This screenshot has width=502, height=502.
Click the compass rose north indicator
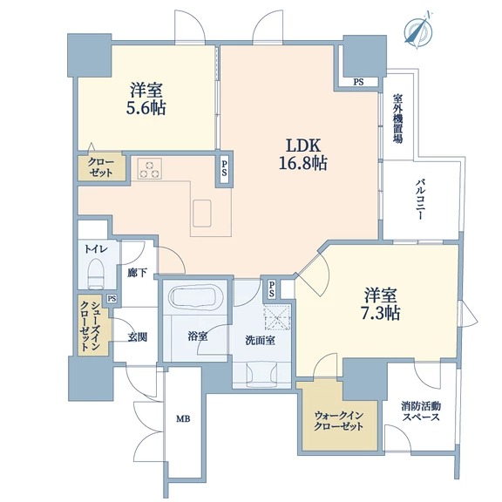pos(418,31)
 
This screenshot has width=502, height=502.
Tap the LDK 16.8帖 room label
pos(303,155)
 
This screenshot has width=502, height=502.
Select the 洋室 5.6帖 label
pos(146,99)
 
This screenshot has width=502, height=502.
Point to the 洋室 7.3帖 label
pos(381,304)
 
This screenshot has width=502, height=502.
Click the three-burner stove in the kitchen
pos(150,168)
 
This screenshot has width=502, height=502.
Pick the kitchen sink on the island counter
pos(202,214)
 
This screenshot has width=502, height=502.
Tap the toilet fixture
pos(97,274)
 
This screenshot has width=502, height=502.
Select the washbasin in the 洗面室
pos(261,372)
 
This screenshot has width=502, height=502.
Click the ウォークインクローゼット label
pos(339,421)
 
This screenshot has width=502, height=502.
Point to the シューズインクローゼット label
pos(91,326)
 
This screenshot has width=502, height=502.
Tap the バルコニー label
pos(420,200)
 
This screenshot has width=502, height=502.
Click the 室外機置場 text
pos(397,119)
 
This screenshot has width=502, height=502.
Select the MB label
pos(183,418)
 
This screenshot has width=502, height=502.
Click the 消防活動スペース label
pos(421,412)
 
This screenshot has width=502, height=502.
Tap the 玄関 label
pos(138,337)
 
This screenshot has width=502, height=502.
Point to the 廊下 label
pos(137,273)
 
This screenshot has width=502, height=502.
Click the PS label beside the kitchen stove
pos(225,168)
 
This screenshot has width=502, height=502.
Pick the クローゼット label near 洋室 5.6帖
pos(100,167)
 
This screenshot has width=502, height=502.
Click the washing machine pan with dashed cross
pos(277,317)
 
